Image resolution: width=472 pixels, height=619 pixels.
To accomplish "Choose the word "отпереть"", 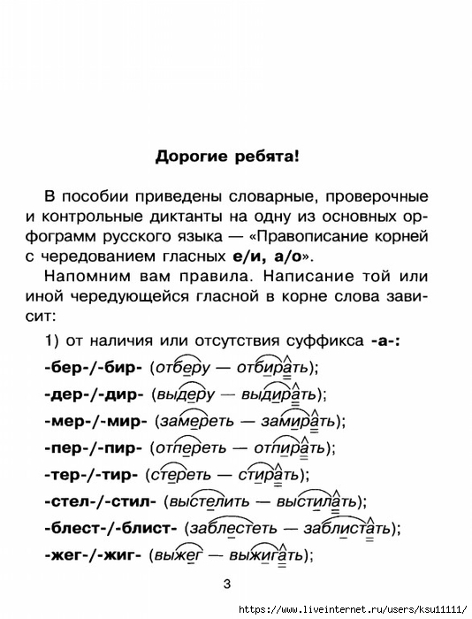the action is [191, 448].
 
